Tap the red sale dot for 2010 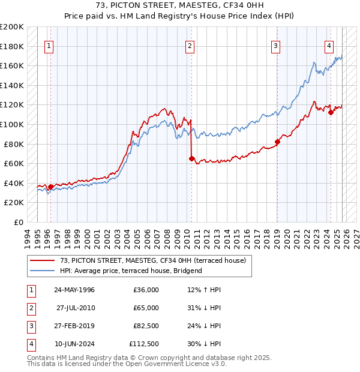tap(191, 159)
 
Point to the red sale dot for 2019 tap(277, 142)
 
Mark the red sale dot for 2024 tap(331, 112)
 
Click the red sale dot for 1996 tap(50, 187)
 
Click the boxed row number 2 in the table tap(30, 308)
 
